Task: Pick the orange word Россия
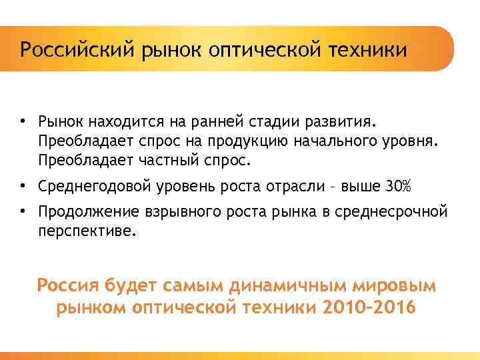coord(67,286)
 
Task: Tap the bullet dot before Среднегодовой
coord(23,186)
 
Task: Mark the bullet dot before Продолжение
coord(23,211)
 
